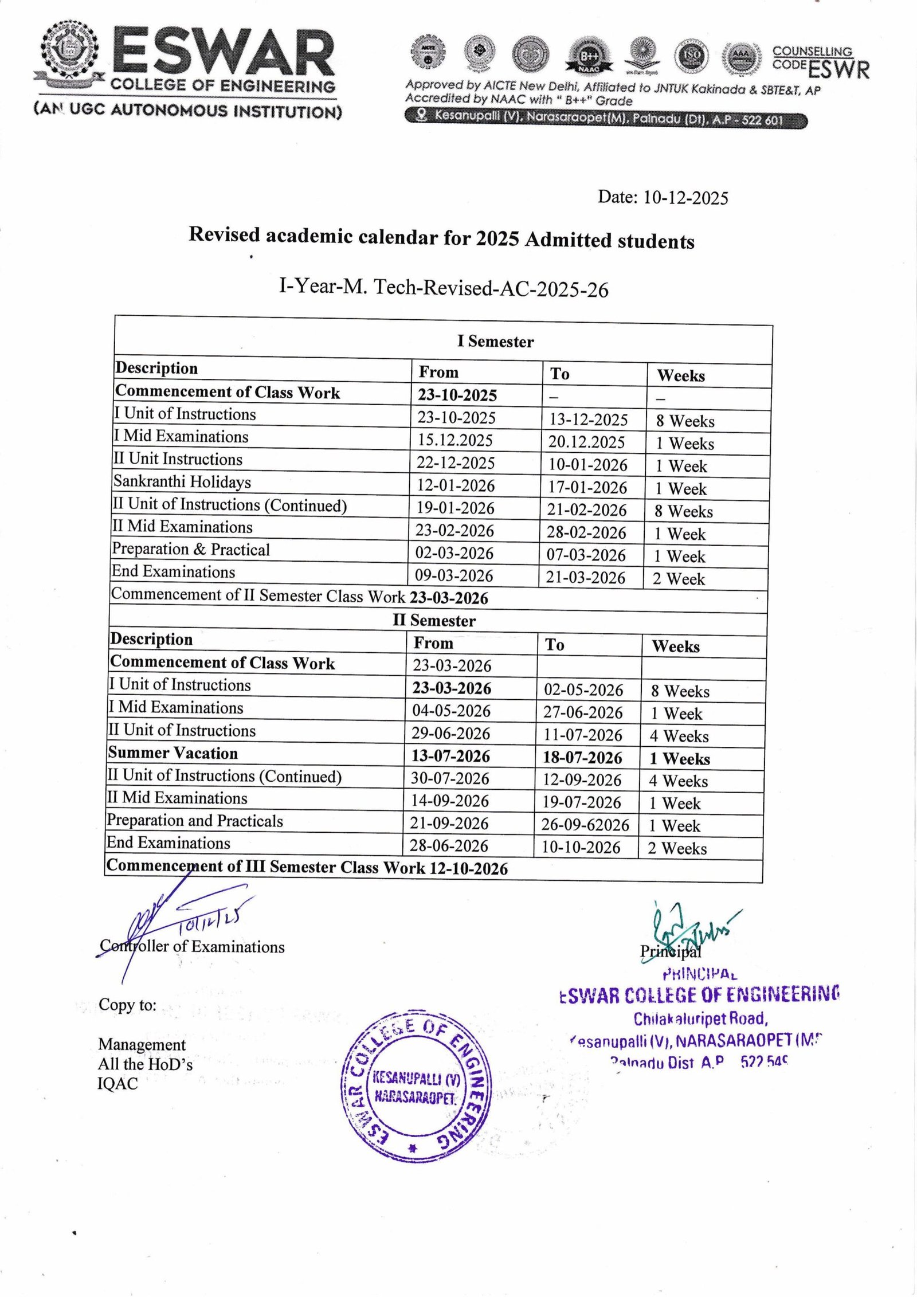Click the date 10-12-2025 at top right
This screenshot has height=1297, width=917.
[685, 198]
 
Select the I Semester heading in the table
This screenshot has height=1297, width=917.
[495, 342]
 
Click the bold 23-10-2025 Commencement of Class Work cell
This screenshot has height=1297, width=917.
[457, 395]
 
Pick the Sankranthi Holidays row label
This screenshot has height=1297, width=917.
[182, 481]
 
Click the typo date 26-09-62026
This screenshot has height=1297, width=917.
[585, 825]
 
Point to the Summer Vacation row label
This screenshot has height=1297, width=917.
[173, 753]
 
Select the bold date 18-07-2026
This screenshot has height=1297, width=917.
[582, 758]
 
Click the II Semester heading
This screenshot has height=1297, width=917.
[434, 621]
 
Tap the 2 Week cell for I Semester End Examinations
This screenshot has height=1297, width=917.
[679, 579]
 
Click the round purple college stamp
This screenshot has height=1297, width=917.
[416, 1087]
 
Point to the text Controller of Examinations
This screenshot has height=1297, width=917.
[192, 946]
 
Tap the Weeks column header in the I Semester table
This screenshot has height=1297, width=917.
[680, 376]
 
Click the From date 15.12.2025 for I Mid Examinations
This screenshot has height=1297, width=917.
[455, 440]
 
